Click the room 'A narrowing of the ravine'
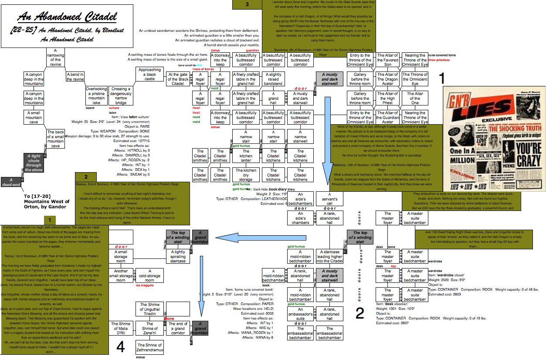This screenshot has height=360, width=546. (56, 58)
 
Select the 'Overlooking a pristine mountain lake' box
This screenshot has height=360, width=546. (96, 95)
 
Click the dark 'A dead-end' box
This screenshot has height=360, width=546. (11, 182)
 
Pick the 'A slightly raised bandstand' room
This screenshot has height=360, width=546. (274, 79)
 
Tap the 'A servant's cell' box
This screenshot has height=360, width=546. (329, 199)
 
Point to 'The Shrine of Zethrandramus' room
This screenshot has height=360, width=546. (149, 347)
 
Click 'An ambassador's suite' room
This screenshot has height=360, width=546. (300, 314)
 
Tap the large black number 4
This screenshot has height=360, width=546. (120, 347)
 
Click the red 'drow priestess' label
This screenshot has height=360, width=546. (440, 60)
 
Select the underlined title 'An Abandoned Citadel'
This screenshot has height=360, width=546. (67, 17)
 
